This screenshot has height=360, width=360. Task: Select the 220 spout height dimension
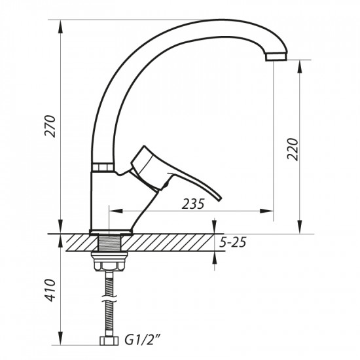click(293, 151)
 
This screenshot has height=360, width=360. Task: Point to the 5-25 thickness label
click(233, 243)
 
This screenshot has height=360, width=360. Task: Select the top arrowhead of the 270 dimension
click(62, 26)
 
